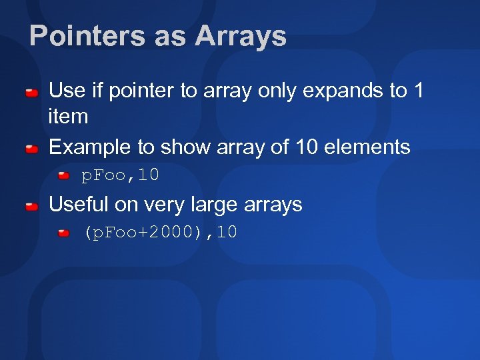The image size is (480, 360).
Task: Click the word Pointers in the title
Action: pyautogui.click(x=87, y=36)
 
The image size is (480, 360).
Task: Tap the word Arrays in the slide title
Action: pyautogui.click(x=241, y=36)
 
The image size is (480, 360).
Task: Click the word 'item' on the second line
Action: pyautogui.click(x=69, y=117)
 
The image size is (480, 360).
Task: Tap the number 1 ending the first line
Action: pyautogui.click(x=418, y=90)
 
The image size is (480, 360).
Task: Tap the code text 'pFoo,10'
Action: pyautogui.click(x=120, y=175)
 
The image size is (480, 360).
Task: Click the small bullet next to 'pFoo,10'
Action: pyautogui.click(x=63, y=176)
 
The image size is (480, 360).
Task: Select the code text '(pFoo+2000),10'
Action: pyautogui.click(x=160, y=233)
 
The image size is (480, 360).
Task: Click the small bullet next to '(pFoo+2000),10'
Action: pyautogui.click(x=63, y=233)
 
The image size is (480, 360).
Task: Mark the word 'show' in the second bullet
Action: pyautogui.click(x=183, y=147)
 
